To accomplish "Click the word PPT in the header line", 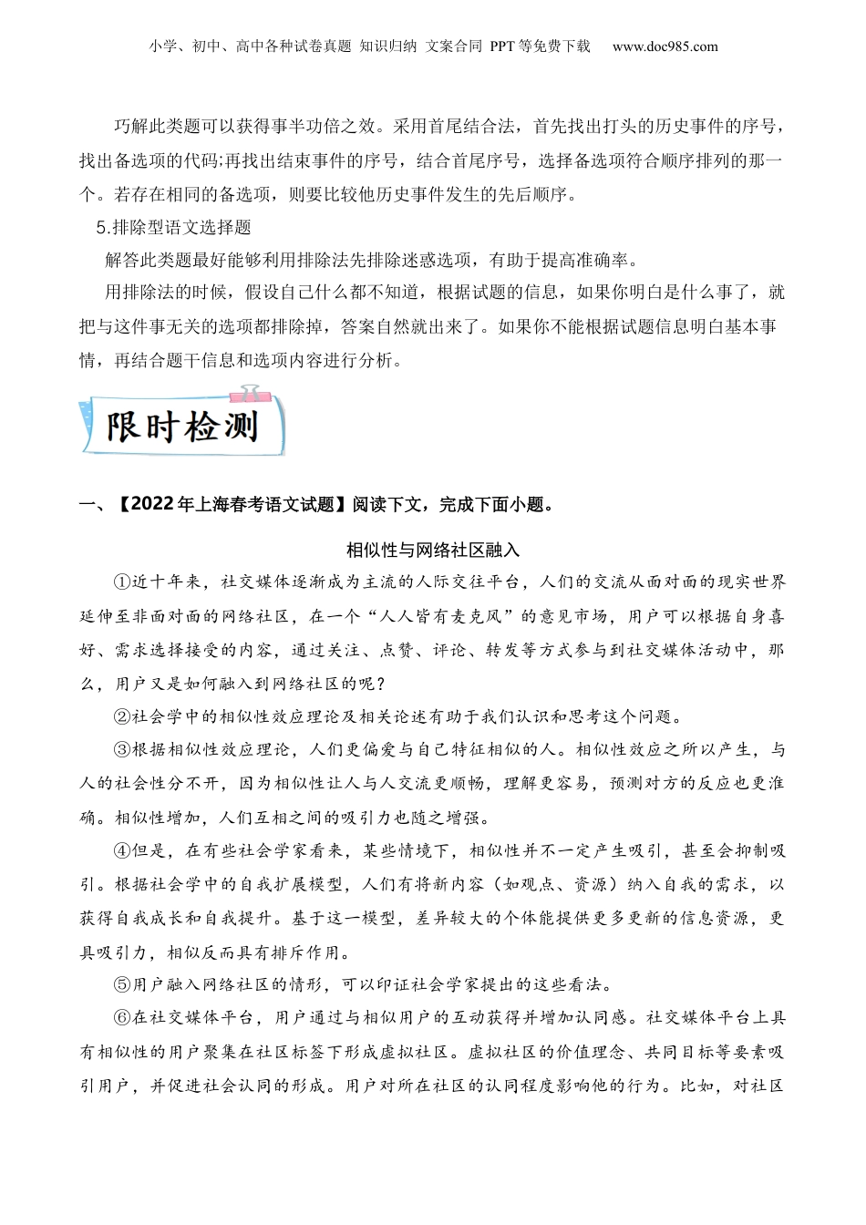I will [x=502, y=46].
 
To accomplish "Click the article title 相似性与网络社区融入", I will [x=432, y=550].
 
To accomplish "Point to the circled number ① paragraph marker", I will [x=122, y=582].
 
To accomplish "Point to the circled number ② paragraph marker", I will [x=122, y=716].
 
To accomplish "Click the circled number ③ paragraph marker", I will [x=122, y=750].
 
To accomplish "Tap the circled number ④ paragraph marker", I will [x=122, y=850].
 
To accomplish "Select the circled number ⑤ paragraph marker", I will [x=122, y=984].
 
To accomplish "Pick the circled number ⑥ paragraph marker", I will [x=122, y=1018].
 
